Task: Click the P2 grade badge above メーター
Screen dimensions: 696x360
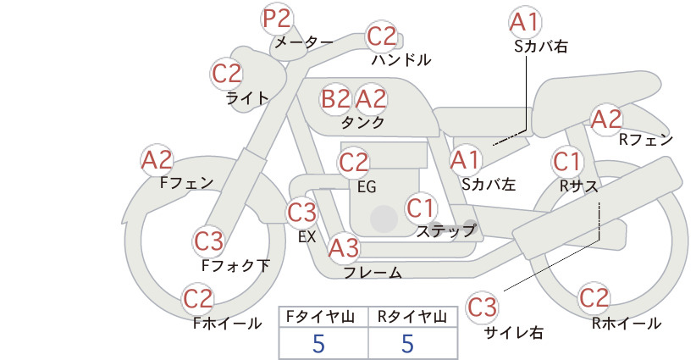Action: [x=277, y=19]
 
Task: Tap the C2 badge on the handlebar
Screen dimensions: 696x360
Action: [x=382, y=36]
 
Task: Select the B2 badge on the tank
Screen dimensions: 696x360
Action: [x=336, y=98]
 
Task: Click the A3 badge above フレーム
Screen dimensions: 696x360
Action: [x=344, y=247]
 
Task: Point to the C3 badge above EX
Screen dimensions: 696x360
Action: [x=302, y=213]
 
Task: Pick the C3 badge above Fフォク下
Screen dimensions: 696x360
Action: [x=209, y=241]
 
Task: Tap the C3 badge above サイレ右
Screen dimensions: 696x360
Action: [x=482, y=307]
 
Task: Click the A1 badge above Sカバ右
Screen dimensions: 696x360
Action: [x=526, y=22]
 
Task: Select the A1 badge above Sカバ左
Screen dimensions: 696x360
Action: [x=466, y=160]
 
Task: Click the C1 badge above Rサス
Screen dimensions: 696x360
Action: [x=567, y=162]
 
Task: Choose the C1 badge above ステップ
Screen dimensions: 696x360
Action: [x=421, y=208]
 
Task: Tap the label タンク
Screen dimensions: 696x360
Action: [x=362, y=123]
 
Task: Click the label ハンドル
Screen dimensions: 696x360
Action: [x=400, y=60]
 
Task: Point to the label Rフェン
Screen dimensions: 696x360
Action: [x=646, y=140]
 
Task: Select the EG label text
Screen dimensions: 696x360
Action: [x=367, y=187]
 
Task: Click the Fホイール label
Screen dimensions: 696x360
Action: [x=227, y=324]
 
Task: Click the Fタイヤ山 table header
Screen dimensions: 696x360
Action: [x=320, y=317]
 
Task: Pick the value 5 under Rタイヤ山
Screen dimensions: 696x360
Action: [x=408, y=343]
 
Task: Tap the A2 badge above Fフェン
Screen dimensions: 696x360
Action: [x=157, y=160]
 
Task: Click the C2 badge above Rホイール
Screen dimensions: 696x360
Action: [x=594, y=298]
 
